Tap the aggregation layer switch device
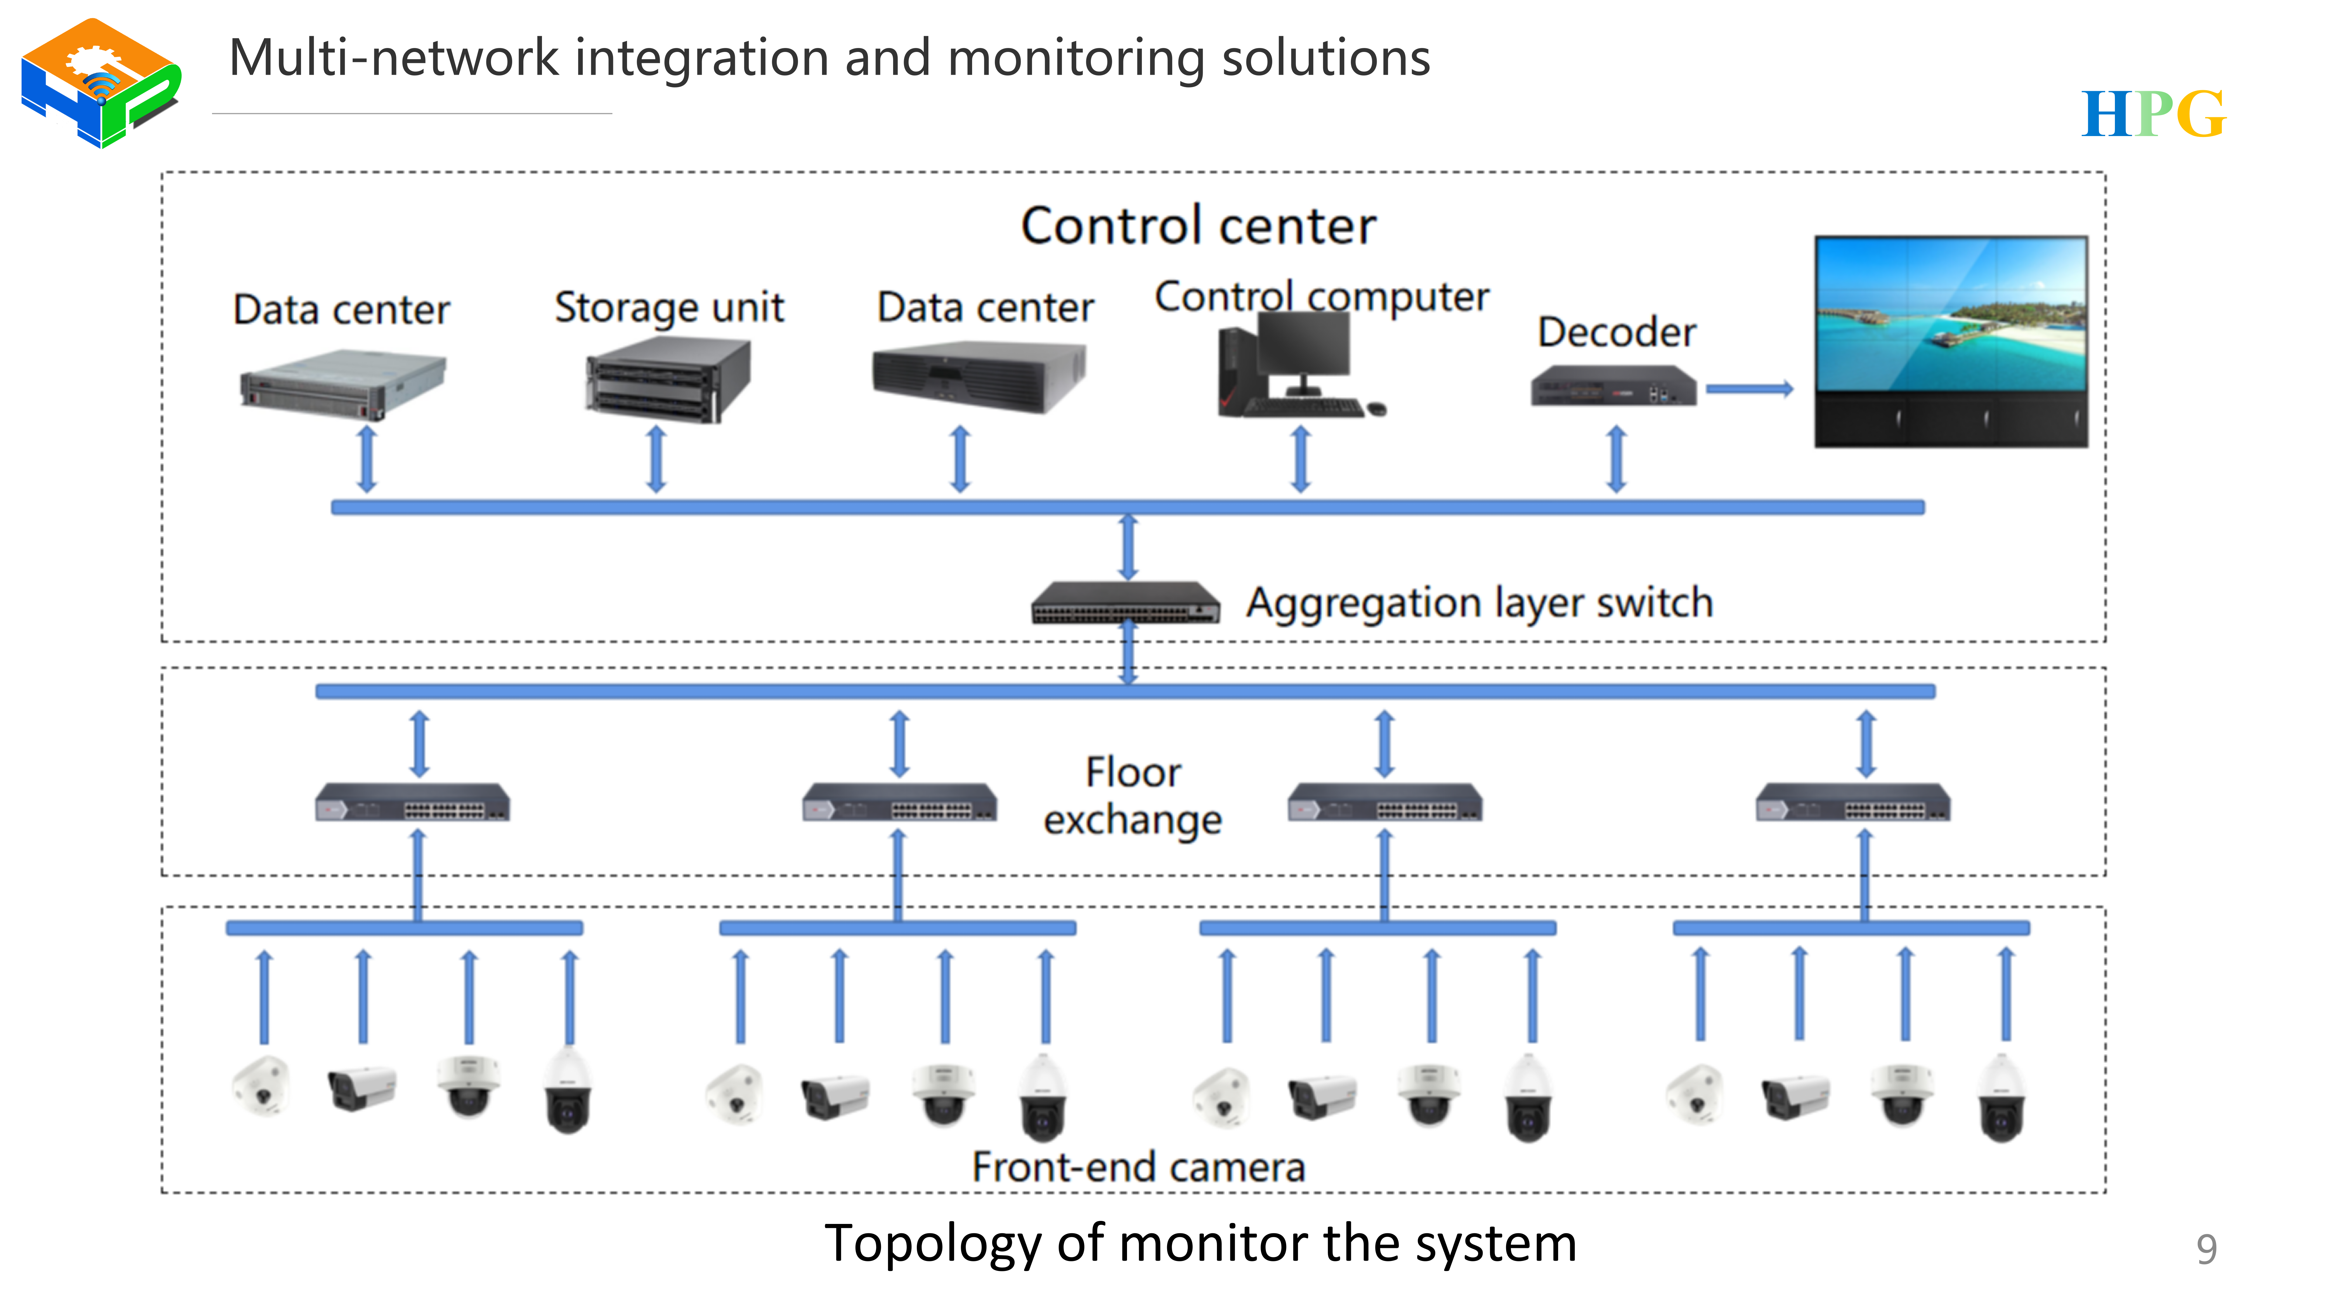1126,602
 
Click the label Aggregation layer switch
1479,603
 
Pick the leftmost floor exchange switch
412,802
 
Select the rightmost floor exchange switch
1853,802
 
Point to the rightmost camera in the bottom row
2002,1097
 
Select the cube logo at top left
101,83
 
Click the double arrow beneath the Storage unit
656,460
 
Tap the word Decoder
1617,332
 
